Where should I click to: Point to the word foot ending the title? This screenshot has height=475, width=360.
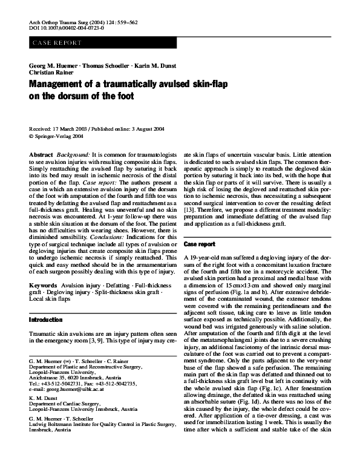[x=120, y=96]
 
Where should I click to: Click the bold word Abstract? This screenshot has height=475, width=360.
[x=41, y=156]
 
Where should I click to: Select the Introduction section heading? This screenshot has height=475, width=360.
[x=46, y=319]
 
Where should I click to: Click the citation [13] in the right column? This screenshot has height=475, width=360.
[x=191, y=214]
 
